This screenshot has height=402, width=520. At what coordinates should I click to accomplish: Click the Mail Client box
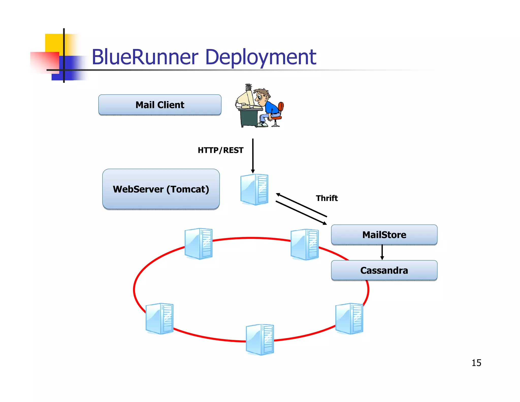[160, 105]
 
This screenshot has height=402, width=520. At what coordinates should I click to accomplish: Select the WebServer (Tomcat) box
[161, 189]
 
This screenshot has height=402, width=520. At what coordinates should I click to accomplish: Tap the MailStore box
[384, 235]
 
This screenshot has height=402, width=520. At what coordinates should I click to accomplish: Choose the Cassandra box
[384, 270]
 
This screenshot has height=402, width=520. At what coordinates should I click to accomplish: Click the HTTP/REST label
[220, 150]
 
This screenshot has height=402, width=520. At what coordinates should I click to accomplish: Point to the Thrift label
[327, 198]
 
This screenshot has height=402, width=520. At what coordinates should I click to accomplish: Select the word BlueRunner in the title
[145, 57]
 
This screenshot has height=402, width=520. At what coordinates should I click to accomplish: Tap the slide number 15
[476, 363]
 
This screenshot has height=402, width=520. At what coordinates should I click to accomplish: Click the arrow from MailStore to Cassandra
[382, 252]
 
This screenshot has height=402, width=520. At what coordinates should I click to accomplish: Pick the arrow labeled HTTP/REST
[253, 156]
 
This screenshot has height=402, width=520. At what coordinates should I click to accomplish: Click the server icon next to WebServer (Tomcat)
[254, 190]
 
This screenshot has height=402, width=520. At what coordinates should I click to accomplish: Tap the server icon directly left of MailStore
[305, 244]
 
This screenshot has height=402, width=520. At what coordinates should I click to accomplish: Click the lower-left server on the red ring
[159, 318]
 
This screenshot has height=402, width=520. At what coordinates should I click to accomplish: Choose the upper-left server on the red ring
[199, 244]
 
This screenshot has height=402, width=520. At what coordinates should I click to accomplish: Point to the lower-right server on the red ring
[349, 318]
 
